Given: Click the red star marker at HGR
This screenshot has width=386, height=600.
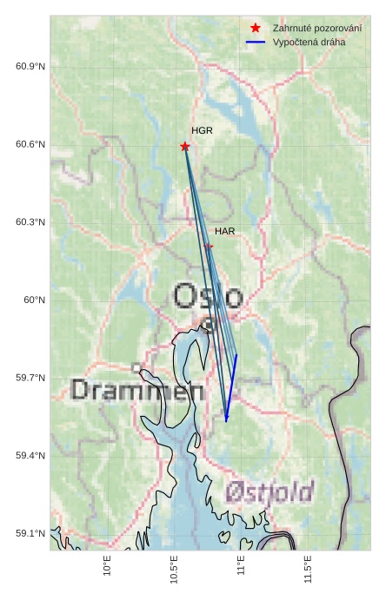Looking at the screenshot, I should [x=184, y=146].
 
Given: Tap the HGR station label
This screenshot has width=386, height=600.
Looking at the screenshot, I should [x=202, y=130].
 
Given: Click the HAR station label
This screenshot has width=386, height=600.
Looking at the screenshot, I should [x=225, y=231].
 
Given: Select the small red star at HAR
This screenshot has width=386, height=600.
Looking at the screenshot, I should [x=209, y=247].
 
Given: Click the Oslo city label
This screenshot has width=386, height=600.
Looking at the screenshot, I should [x=208, y=296].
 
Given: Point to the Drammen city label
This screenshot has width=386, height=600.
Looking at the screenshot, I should [x=137, y=390].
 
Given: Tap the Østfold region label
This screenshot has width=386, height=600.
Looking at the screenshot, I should [x=269, y=492].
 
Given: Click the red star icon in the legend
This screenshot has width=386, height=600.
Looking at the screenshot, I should [x=255, y=28].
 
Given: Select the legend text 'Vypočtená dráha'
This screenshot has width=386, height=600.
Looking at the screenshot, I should [x=309, y=42].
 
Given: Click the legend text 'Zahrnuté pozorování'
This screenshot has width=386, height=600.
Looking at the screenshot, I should [x=317, y=28].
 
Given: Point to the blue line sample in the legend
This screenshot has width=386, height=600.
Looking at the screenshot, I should [x=255, y=42].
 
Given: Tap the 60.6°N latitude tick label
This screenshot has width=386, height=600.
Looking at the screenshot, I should [x=30, y=144].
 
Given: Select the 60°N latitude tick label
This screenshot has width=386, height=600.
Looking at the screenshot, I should [x=34, y=300].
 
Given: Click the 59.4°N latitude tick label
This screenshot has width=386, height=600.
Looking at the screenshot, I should [x=30, y=455].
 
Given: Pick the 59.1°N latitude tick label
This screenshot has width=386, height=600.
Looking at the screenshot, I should [x=30, y=533].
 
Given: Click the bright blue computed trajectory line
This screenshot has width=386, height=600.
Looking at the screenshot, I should [x=231, y=387].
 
